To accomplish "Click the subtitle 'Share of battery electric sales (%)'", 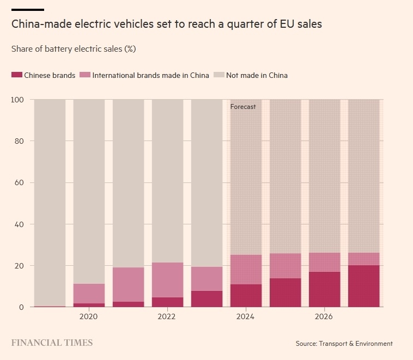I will [x=74, y=49].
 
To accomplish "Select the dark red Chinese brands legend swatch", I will [x=16, y=75].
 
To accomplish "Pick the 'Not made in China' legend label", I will [x=257, y=75].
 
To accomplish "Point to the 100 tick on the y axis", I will [x=17, y=100].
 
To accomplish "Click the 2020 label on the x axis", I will [x=88, y=316].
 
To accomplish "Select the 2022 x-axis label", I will [x=167, y=316].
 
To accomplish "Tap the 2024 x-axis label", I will [x=246, y=316].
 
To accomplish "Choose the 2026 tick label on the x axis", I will [x=324, y=316].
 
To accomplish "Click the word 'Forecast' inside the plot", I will [x=243, y=107].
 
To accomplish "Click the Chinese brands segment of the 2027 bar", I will [x=364, y=286].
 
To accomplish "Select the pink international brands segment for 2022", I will [x=167, y=279].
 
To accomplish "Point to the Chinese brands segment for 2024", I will [x=246, y=295].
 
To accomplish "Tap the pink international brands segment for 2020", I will [x=89, y=293].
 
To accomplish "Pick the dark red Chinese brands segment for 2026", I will [x=325, y=289].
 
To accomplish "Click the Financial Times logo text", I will [x=52, y=343].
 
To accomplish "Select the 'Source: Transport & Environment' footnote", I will [x=344, y=344].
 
